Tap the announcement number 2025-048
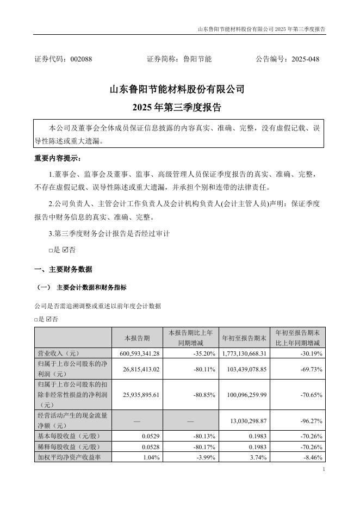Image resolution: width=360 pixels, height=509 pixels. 306,59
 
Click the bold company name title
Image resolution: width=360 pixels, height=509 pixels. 177,88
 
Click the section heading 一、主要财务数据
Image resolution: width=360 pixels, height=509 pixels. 63,269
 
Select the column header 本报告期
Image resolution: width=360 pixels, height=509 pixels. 136,338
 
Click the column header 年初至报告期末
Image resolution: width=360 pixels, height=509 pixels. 244,338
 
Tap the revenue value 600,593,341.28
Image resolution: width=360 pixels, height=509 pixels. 136,353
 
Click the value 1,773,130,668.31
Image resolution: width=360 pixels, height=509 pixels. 243,353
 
